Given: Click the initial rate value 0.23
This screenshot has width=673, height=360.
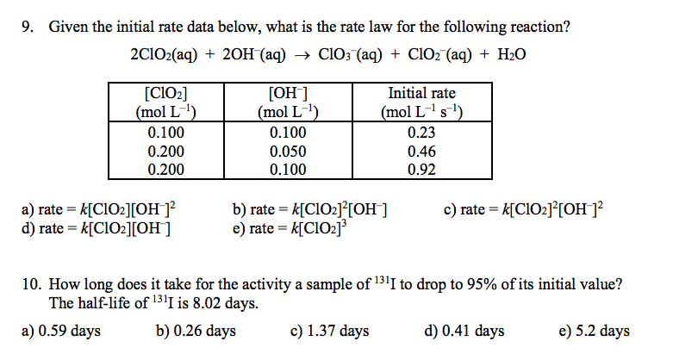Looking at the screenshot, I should (422, 133).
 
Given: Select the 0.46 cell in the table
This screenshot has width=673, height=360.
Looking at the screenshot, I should (422, 151).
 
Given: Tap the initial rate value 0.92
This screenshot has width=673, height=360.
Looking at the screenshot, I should (422, 169).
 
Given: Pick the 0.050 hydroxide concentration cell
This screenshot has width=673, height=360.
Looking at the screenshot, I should (290, 151).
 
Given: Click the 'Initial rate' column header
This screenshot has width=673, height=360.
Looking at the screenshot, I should (422, 93).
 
